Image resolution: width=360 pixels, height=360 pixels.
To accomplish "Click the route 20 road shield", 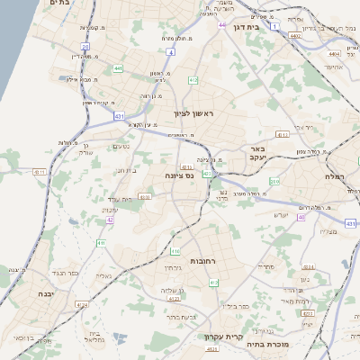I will [85, 46].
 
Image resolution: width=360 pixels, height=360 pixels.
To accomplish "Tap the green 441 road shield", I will [118, 67].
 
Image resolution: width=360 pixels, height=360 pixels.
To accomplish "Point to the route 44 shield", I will [221, 25].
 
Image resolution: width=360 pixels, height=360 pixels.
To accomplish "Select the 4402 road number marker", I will [296, 36].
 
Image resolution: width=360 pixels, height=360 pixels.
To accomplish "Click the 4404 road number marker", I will [334, 54].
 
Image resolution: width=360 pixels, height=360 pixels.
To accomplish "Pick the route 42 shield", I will [110, 219].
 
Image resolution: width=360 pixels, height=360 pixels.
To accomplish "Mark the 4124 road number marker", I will [82, 305].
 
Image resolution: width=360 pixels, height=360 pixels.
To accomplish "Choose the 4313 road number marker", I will [282, 135].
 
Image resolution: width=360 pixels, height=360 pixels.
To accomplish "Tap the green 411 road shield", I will [101, 243].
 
